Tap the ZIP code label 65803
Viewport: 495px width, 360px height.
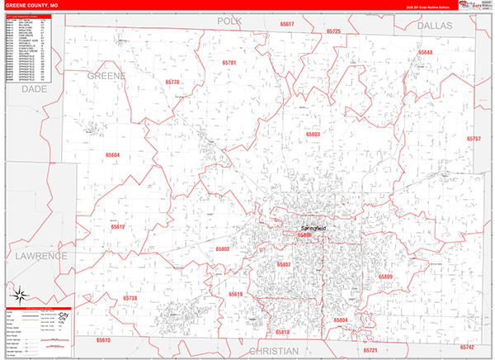[x=313, y=134]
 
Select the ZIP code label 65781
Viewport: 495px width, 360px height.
[x=229, y=63]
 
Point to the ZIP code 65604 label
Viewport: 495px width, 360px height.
[x=112, y=154]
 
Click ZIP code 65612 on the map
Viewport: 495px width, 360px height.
[x=117, y=226]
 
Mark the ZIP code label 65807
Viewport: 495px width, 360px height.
[x=284, y=264]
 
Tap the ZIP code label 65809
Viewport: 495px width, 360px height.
[x=385, y=276]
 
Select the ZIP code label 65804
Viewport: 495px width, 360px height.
[x=341, y=319]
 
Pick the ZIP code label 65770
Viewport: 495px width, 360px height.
[x=172, y=83]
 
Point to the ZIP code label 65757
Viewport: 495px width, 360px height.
[x=474, y=139]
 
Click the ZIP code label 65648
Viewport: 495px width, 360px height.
[x=425, y=53]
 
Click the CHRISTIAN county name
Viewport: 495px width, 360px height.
[x=273, y=351]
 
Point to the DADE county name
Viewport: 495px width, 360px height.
[x=35, y=88]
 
